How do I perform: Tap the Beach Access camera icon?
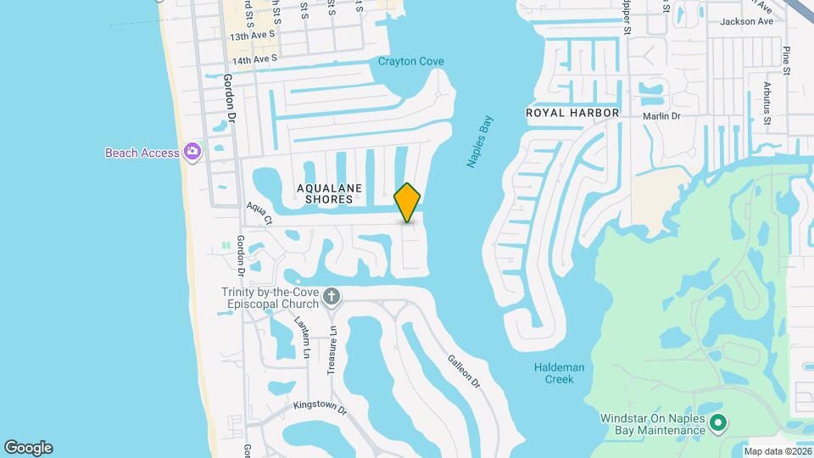[x=192, y=153]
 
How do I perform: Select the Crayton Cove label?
[x=410, y=61]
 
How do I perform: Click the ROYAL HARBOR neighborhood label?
[x=572, y=113]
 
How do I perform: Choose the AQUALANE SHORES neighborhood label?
[x=324, y=193]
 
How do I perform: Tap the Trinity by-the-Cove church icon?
[x=332, y=297]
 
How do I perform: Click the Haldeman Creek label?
[x=554, y=373]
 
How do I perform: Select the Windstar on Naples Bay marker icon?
[x=718, y=422]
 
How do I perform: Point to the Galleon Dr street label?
[x=463, y=371]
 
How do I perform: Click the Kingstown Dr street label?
[x=320, y=407]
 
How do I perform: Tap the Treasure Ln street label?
[x=332, y=350]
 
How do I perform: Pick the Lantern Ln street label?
[x=303, y=335]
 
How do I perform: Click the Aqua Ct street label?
[x=259, y=213]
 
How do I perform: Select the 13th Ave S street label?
[x=253, y=36]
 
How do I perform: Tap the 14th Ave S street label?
[x=254, y=60]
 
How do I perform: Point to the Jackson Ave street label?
[x=746, y=22]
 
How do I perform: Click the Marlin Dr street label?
[x=661, y=116]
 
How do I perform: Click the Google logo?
[x=28, y=448]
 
